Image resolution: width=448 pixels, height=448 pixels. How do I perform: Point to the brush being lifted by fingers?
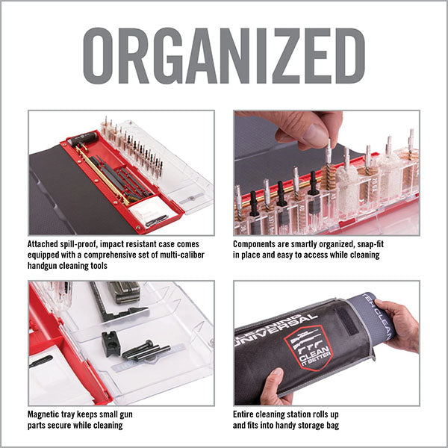click(x=327, y=161)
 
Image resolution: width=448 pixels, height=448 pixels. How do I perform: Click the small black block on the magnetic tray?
click(x=110, y=343)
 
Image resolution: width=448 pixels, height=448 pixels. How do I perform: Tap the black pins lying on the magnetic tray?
click(x=146, y=350)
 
